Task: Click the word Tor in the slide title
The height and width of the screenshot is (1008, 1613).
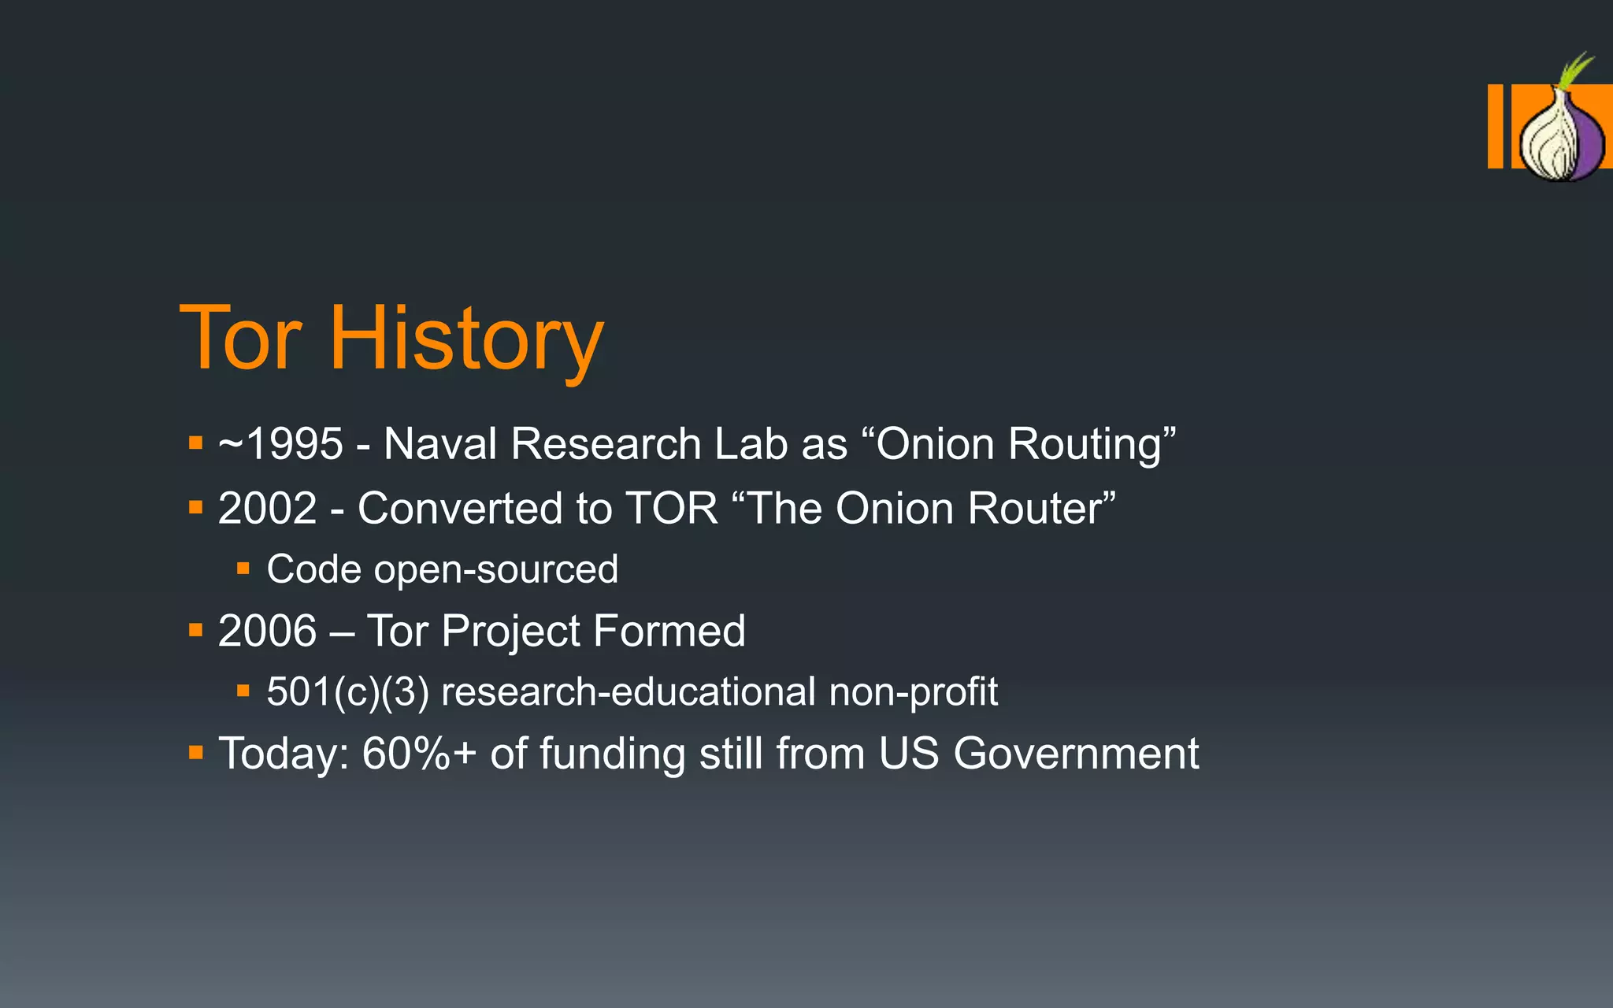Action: coord(240,339)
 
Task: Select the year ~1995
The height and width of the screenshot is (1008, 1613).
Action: coord(280,443)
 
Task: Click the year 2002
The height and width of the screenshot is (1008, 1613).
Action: coord(267,508)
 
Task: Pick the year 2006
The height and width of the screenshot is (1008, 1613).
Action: coord(267,631)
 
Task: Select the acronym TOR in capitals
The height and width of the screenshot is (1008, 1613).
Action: coord(671,508)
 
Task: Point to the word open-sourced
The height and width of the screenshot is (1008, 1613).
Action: coord(495,569)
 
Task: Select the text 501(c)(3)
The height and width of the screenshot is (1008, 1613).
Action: coord(347,692)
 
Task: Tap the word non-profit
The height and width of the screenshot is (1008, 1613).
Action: coord(913,692)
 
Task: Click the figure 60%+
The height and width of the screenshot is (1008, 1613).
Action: coord(419,754)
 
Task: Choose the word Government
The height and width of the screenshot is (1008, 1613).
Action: coord(1076,754)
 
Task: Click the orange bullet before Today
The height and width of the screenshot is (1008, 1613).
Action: coord(196,753)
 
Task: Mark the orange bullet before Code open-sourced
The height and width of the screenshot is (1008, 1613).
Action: coord(243,568)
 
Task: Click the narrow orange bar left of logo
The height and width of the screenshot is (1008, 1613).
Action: coord(1495,126)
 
